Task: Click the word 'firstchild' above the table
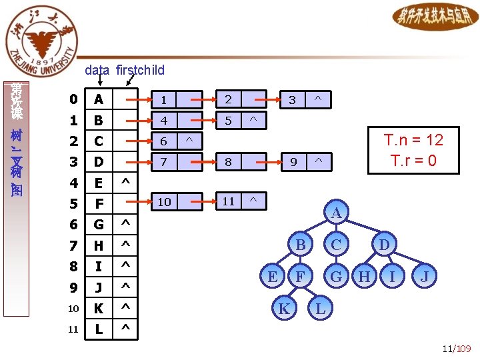coord(140,70)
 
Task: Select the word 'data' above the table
coord(97,70)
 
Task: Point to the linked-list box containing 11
coord(229,201)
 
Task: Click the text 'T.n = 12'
coord(413,140)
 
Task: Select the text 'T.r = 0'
coord(413,161)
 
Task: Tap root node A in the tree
coord(336,213)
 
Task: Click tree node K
coord(284,309)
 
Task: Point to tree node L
coord(321,309)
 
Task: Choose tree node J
coord(424,275)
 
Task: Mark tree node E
coord(272,275)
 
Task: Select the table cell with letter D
coord(99,161)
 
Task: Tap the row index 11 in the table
coord(73,329)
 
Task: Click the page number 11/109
coord(456,349)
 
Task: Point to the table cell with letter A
coord(99,100)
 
